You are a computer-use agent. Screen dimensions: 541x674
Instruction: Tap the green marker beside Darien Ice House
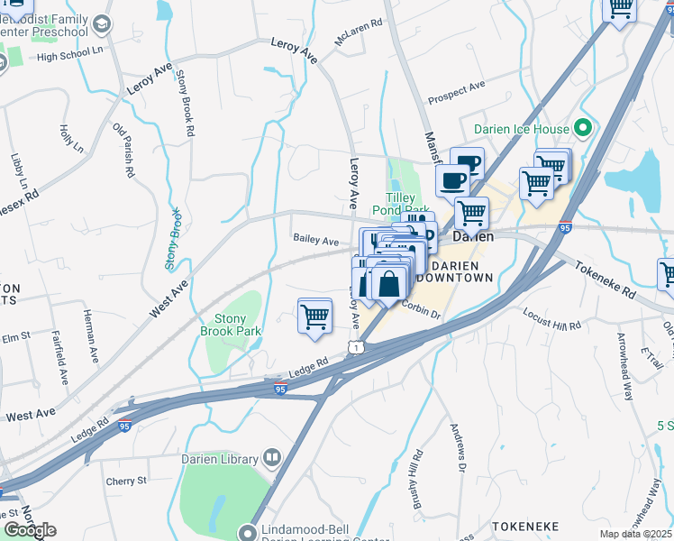click(582, 129)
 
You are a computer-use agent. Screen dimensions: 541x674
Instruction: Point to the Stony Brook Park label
click(237, 325)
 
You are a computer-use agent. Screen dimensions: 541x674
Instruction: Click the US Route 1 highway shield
click(357, 347)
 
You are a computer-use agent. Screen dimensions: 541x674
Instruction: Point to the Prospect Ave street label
click(457, 91)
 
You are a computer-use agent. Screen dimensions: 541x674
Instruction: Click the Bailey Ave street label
click(316, 241)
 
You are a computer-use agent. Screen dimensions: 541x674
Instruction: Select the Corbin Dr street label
click(421, 311)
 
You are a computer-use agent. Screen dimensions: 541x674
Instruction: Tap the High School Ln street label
click(67, 57)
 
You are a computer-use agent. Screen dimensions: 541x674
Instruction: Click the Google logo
click(29, 529)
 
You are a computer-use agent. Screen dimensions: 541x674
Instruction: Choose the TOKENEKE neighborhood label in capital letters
click(524, 526)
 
